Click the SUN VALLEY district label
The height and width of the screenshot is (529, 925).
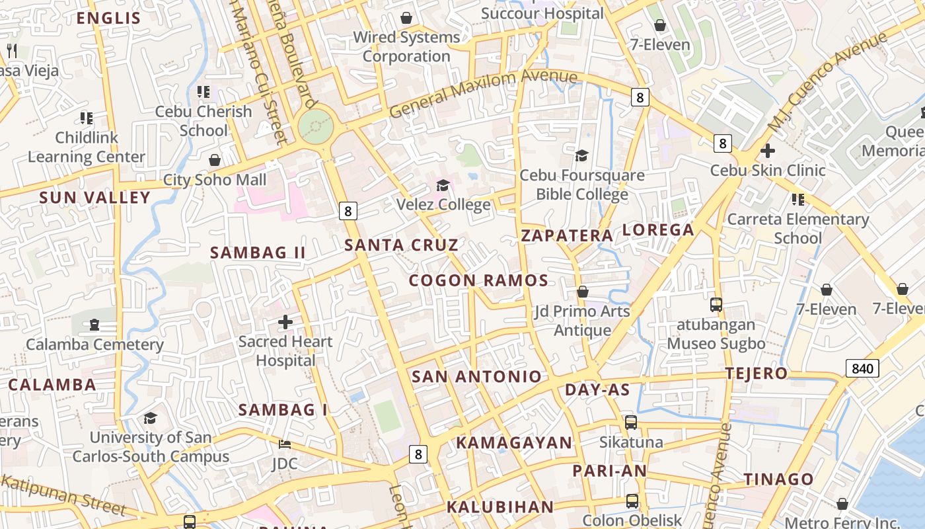(x=95, y=197)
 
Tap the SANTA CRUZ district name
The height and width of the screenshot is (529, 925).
(x=401, y=245)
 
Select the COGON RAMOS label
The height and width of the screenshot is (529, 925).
(x=478, y=280)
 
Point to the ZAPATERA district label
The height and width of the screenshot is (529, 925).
(x=568, y=235)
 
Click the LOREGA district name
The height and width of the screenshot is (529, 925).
(x=658, y=230)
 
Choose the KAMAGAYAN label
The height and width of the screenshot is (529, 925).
(x=514, y=442)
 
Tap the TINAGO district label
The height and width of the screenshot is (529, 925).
(x=778, y=479)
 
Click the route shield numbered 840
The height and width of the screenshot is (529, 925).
(x=862, y=368)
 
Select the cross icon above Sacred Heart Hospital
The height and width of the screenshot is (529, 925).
(x=285, y=322)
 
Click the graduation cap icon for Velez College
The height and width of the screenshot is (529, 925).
(x=443, y=185)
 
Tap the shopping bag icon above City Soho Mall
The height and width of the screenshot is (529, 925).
(x=215, y=160)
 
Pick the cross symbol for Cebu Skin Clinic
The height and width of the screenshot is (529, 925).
(x=768, y=151)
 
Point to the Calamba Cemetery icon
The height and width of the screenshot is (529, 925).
(x=94, y=325)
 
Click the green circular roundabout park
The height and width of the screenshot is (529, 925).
(x=315, y=125)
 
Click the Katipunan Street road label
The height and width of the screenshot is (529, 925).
(x=63, y=493)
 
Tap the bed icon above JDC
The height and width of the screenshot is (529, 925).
(x=285, y=444)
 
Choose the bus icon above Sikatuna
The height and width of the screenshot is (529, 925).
(x=631, y=422)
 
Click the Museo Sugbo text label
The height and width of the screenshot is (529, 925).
(x=716, y=344)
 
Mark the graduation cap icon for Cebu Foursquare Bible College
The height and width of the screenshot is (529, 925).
(x=581, y=155)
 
